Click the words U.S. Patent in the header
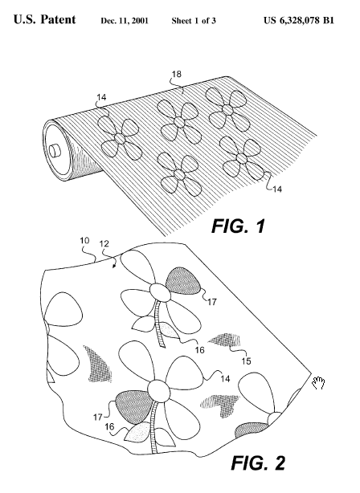click(45, 19)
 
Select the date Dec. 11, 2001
click(125, 21)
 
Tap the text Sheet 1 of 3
click(194, 21)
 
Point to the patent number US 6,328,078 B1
click(299, 21)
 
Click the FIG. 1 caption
click(239, 226)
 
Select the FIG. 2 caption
click(258, 462)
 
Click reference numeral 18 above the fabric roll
click(177, 74)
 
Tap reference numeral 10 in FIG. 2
click(84, 241)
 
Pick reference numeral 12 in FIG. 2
click(104, 243)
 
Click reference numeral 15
click(247, 361)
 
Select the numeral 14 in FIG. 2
click(225, 379)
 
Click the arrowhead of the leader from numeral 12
click(114, 267)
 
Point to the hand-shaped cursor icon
click(318, 383)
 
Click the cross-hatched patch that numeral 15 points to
click(226, 340)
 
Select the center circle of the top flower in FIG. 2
click(160, 292)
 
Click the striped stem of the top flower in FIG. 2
click(159, 324)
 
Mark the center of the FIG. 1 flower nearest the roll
click(120, 138)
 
